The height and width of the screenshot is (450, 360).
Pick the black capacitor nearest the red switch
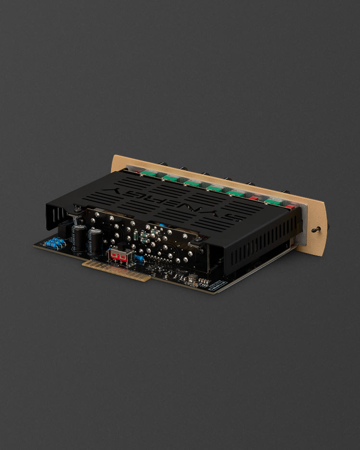pos(96,241)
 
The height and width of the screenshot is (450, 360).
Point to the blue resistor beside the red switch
pos(140,259)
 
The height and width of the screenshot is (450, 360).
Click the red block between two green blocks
pos(254,198)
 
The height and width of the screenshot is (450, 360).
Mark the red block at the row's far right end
pos(290,207)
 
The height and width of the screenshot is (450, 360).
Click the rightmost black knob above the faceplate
pos(287,192)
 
